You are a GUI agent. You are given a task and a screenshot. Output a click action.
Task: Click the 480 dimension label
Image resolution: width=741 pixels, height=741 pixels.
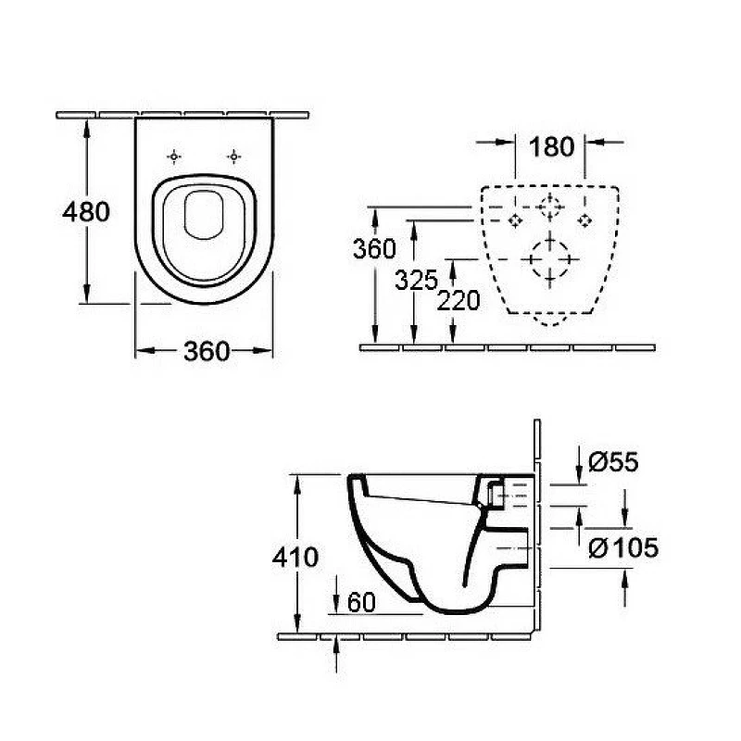pyautogui.click(x=86, y=212)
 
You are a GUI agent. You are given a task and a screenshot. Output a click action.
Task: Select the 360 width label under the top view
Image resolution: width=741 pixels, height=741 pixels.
pyautogui.click(x=207, y=351)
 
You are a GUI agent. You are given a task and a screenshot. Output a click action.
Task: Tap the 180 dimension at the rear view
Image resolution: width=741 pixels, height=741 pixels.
pyautogui.click(x=551, y=146)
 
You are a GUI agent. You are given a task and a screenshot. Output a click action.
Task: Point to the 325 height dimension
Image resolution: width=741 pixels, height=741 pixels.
pyautogui.click(x=416, y=281)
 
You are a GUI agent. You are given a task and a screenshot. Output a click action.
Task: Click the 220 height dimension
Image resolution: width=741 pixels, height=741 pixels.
pyautogui.click(x=458, y=300)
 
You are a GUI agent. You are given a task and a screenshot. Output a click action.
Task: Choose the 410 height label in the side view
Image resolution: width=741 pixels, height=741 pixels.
pyautogui.click(x=295, y=558)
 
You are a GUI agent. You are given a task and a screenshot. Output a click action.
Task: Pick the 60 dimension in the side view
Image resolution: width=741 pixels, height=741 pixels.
pyautogui.click(x=361, y=602)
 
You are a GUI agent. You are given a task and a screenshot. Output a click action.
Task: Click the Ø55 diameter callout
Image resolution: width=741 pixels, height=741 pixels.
pyautogui.click(x=613, y=461)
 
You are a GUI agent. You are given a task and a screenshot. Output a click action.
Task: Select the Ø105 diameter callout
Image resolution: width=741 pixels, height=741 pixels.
pyautogui.click(x=623, y=547)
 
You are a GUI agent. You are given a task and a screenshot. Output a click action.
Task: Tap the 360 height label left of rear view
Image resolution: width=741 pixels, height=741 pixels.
pyautogui.click(x=374, y=249)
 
